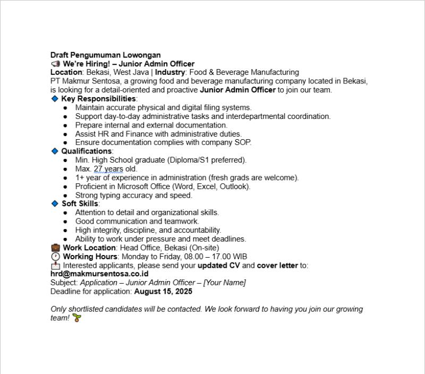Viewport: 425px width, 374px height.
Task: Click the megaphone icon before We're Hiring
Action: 55,64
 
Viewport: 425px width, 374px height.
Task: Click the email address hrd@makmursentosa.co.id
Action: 99,274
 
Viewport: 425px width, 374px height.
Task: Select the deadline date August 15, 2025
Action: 163,292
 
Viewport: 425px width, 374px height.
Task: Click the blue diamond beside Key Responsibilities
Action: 54,99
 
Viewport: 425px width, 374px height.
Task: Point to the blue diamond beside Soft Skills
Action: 54,203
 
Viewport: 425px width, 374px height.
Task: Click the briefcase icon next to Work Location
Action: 55,248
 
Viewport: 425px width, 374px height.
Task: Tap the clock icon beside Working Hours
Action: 55,257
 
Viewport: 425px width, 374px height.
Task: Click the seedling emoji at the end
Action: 76,318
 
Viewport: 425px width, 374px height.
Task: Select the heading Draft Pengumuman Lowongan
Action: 105,55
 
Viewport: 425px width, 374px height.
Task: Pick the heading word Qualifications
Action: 86,151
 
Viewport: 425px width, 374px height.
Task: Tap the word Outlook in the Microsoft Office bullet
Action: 235,186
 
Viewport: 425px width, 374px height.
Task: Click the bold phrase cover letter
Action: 277,266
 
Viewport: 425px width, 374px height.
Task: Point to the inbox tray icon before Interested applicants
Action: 55,266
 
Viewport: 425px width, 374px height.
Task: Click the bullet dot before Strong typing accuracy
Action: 65,195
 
